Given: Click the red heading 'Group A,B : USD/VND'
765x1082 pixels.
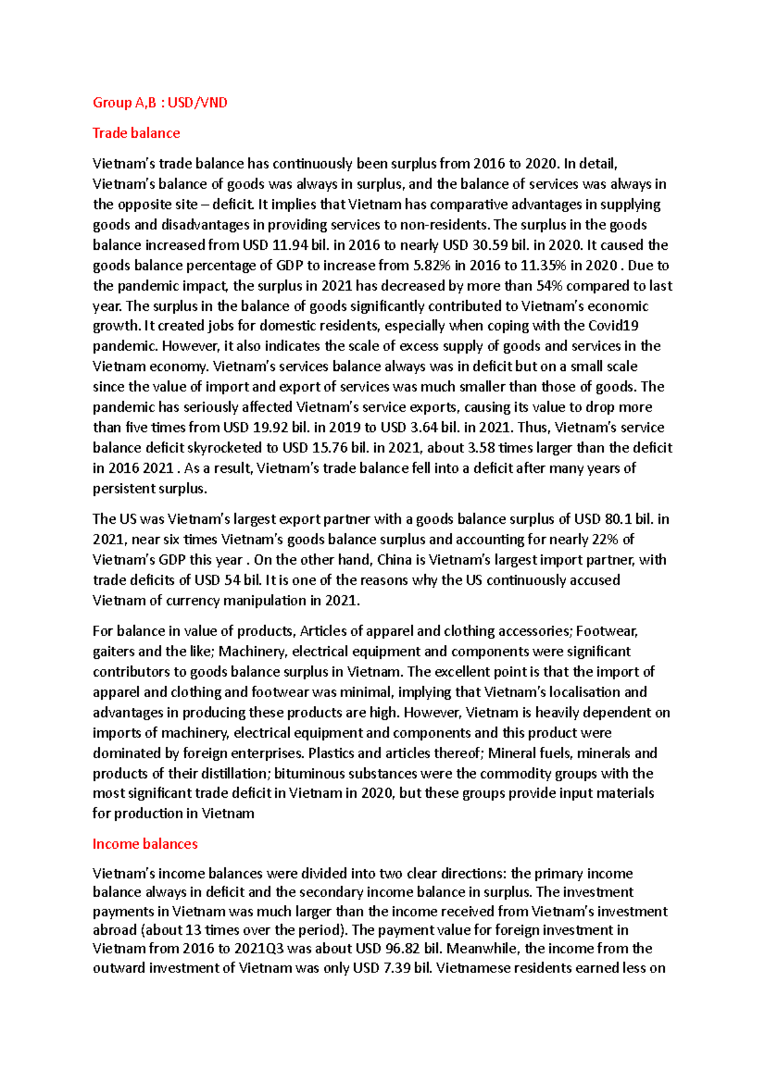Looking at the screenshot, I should pos(160,103).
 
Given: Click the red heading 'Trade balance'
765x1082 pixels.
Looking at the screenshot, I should pos(136,133).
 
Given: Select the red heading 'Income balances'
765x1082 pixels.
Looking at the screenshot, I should pos(145,844).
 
